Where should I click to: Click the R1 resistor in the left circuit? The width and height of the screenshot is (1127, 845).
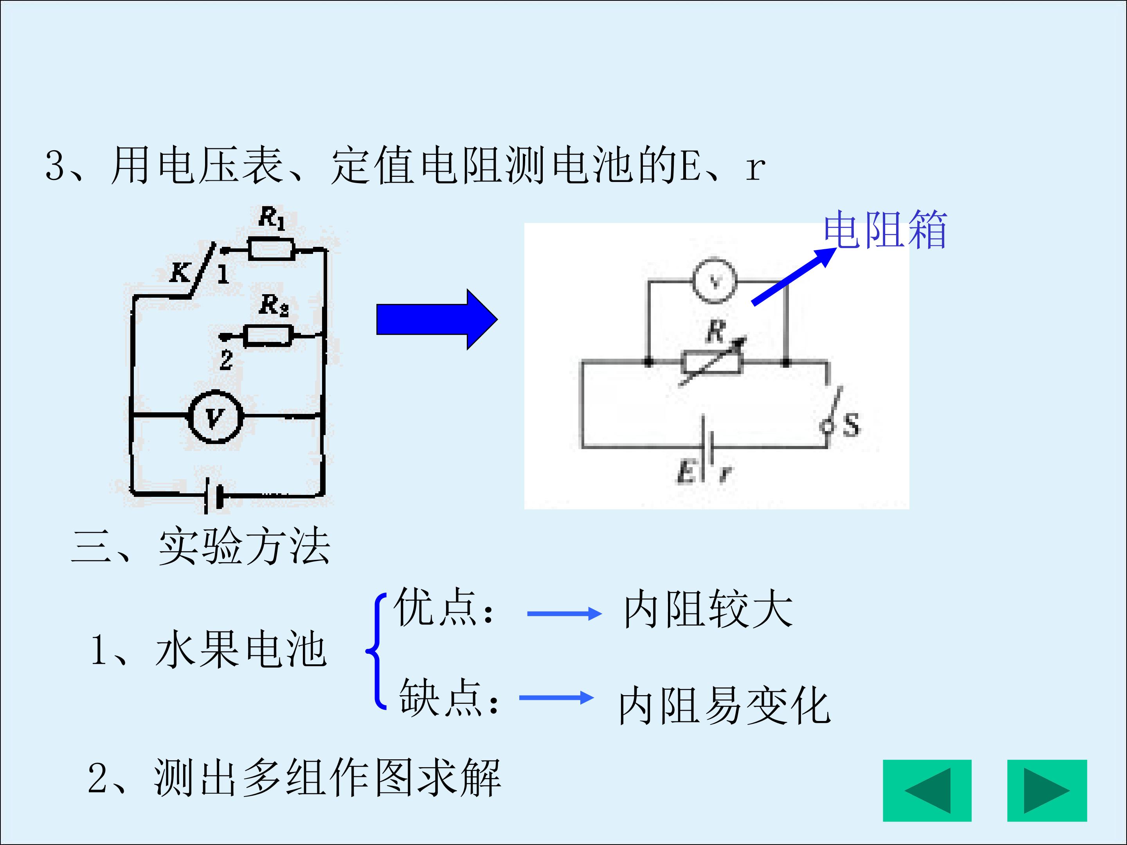pyautogui.click(x=271, y=249)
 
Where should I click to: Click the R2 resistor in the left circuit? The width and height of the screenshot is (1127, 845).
pyautogui.click(x=268, y=336)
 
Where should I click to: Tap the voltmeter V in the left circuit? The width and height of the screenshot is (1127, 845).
pyautogui.click(x=215, y=417)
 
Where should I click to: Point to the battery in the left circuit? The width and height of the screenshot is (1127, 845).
pyautogui.click(x=214, y=494)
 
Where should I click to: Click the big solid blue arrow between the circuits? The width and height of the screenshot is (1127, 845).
pyautogui.click(x=437, y=319)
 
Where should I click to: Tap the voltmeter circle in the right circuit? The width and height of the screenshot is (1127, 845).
pyautogui.click(x=714, y=281)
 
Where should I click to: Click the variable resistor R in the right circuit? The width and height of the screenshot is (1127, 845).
pyautogui.click(x=712, y=363)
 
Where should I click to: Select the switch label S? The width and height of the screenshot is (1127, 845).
pyautogui.click(x=851, y=424)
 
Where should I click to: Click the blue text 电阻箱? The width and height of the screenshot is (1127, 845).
pyautogui.click(x=886, y=230)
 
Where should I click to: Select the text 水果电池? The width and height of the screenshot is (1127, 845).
pyautogui.click(x=241, y=649)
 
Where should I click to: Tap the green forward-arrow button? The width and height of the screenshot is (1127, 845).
pyautogui.click(x=1047, y=791)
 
